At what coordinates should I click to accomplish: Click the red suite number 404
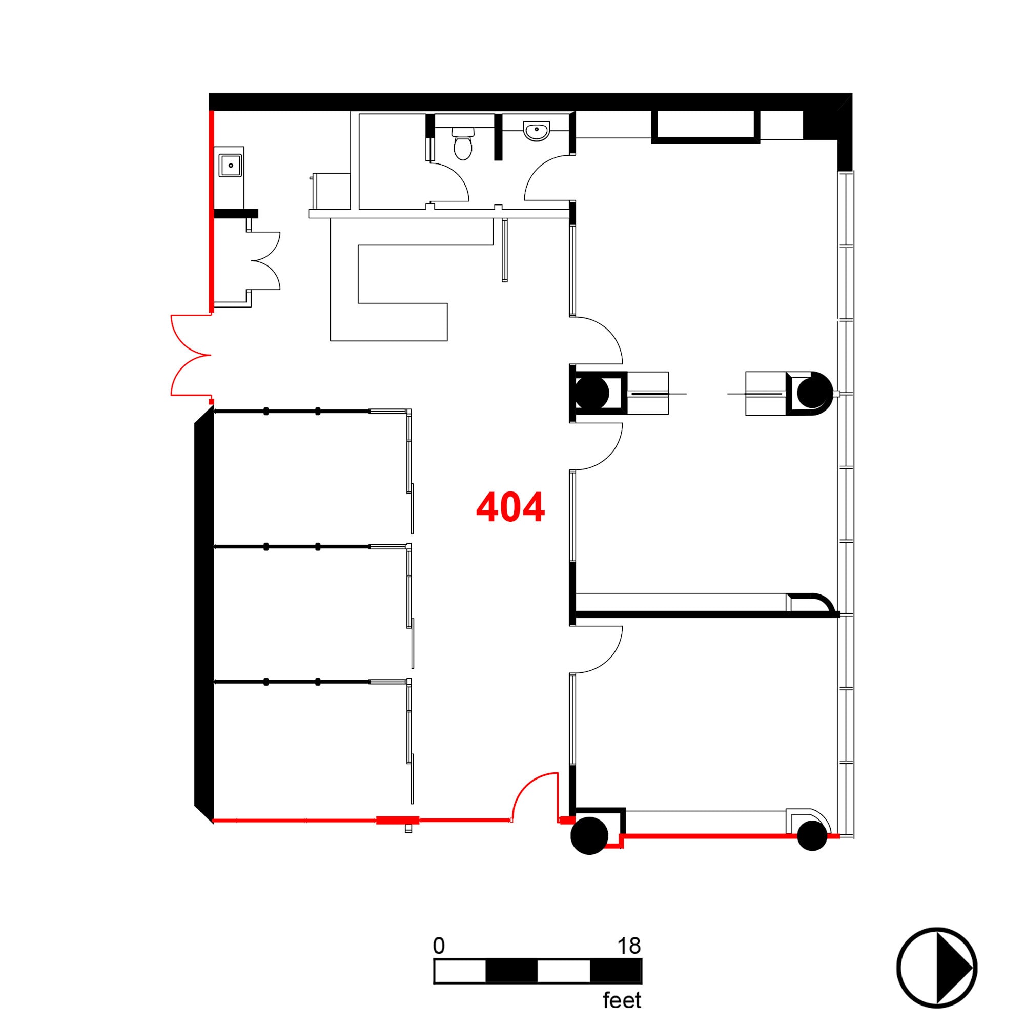pos(510,507)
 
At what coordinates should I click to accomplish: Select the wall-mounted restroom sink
pos(537,131)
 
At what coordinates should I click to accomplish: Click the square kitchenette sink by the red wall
pos(231,166)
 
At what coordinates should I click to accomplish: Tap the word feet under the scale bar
pos(622,1000)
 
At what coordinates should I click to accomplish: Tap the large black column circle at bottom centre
pos(589,835)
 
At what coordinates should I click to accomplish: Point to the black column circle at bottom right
pos(812,835)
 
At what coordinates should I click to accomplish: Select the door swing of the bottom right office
pos(597,650)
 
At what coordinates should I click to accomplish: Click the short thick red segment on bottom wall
pos(397,820)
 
